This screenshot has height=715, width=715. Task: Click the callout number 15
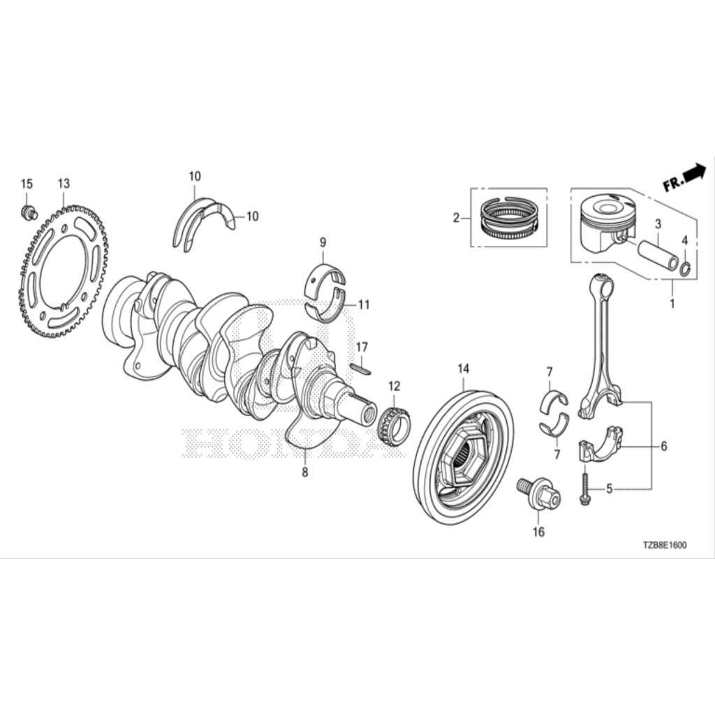tap(27, 184)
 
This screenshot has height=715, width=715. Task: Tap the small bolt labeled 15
tap(29, 212)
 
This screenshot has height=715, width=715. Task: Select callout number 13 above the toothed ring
tap(64, 184)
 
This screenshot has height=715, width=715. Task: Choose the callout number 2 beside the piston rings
tap(456, 218)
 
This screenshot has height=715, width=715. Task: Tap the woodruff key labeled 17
tap(361, 369)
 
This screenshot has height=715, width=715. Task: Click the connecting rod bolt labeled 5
tap(584, 488)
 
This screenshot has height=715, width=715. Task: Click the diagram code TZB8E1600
tap(665, 545)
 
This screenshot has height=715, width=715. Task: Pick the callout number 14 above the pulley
tap(464, 369)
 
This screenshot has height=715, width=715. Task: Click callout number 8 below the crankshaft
tap(304, 472)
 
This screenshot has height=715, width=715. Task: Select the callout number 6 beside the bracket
tap(664, 446)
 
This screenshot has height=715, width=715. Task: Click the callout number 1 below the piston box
tap(672, 303)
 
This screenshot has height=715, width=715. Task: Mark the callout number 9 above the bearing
tap(323, 242)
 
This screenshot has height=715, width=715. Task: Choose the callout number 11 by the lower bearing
tap(363, 304)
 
